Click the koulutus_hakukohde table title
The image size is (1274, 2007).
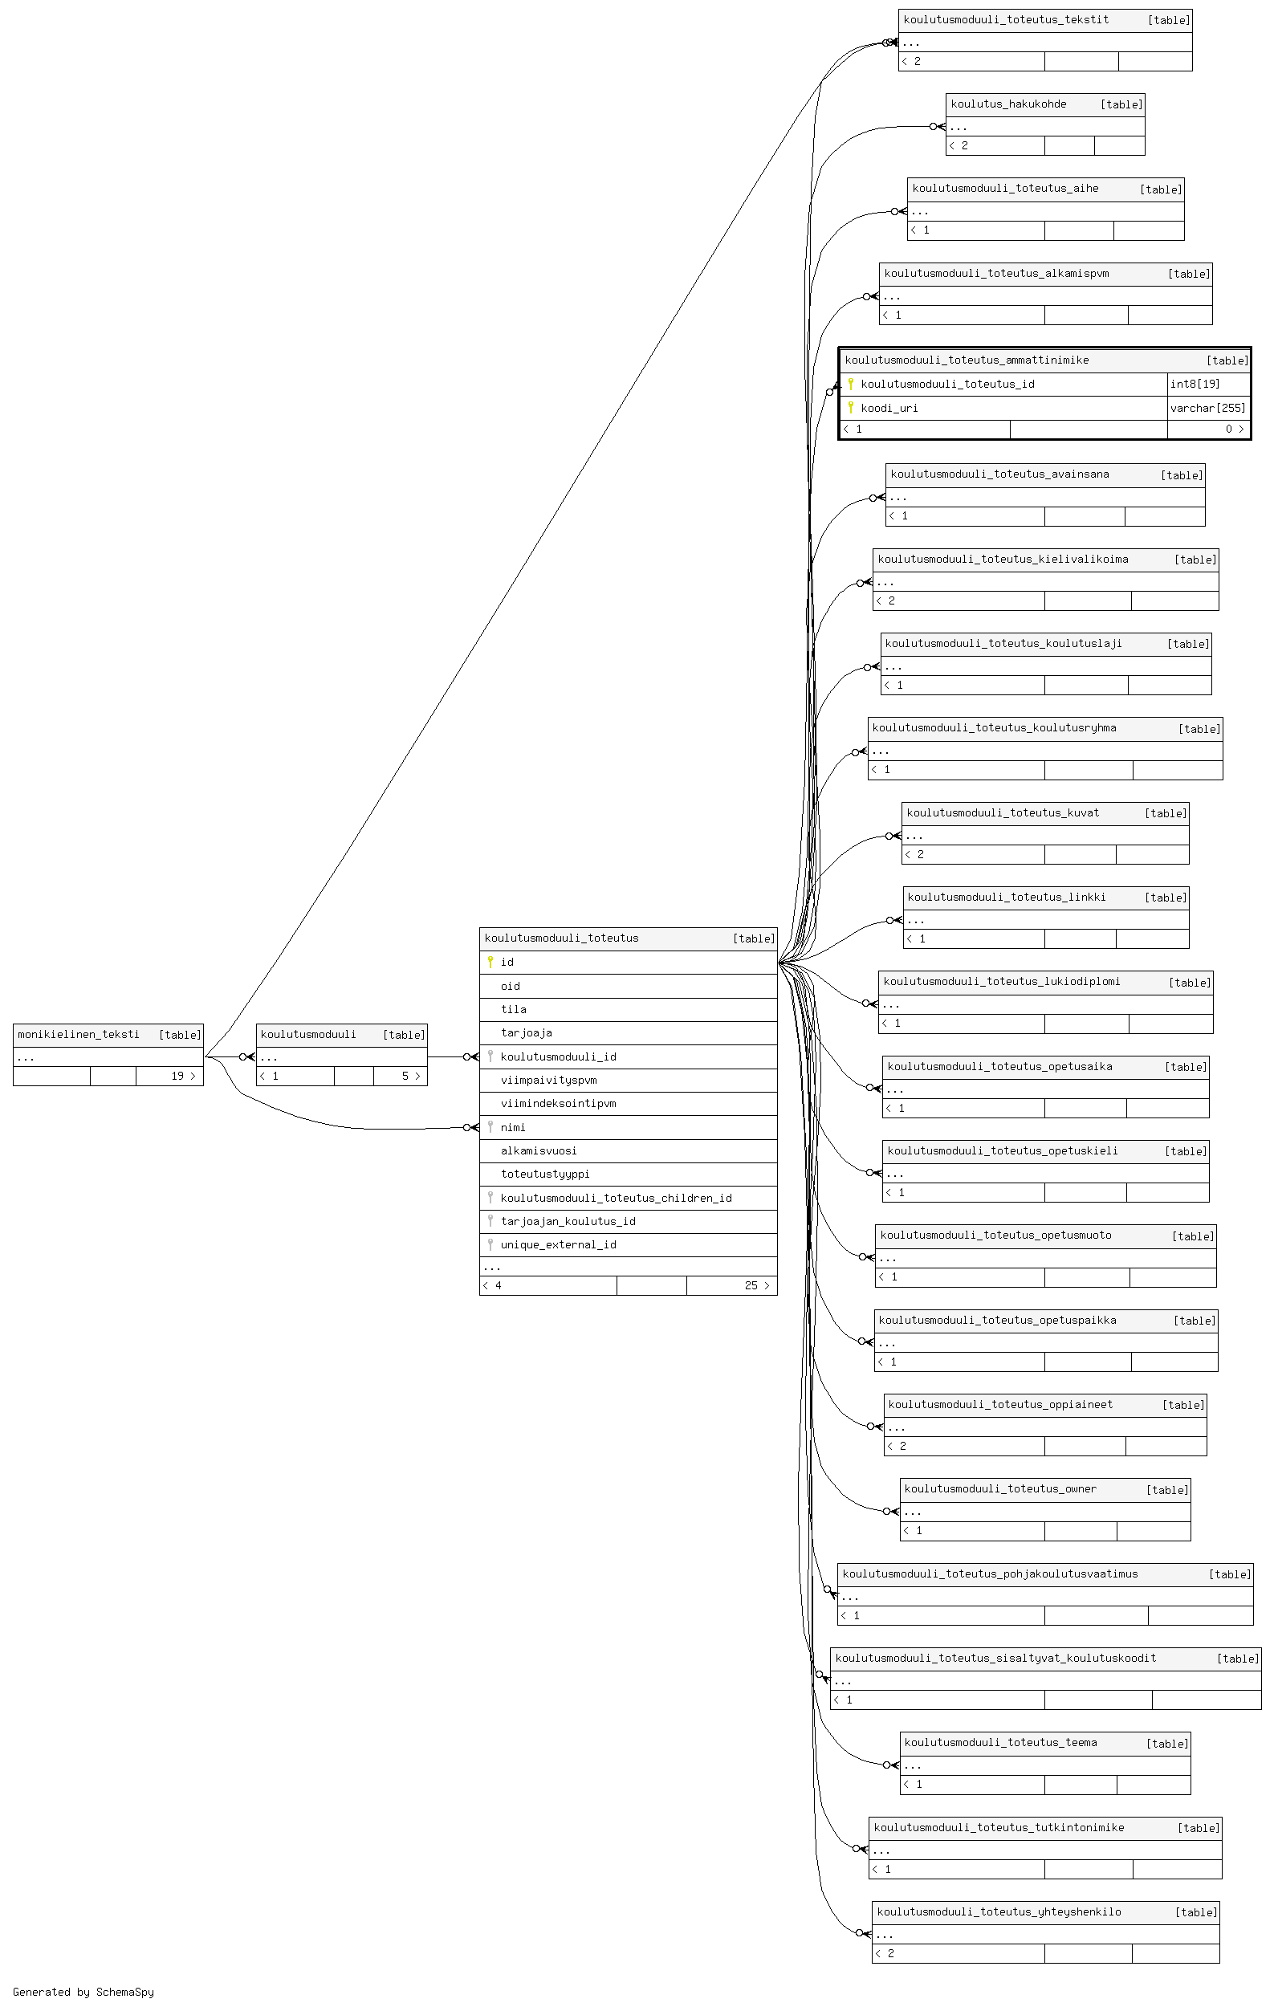[1008, 104]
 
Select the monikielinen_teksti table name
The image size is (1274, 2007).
[79, 1034]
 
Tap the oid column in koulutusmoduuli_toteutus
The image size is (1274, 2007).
[510, 986]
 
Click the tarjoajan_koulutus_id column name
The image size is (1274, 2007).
[568, 1221]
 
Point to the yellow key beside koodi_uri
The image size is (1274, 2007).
[850, 408]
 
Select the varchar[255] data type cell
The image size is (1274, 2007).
[1207, 408]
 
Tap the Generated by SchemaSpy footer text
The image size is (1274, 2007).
[83, 1992]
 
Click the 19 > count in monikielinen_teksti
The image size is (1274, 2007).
[183, 1076]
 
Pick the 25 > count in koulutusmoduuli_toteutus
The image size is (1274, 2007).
[756, 1285]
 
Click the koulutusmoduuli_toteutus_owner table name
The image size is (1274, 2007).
[1000, 1488]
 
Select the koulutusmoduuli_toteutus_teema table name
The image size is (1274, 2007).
[1000, 1742]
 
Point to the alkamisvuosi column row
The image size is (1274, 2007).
[629, 1150]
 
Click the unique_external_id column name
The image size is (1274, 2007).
[558, 1244]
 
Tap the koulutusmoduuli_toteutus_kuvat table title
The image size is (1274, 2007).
[1003, 812]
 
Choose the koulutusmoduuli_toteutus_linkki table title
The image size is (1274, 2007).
[1007, 897]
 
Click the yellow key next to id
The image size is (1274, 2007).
[490, 962]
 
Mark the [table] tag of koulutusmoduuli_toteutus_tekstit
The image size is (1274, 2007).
[1169, 20]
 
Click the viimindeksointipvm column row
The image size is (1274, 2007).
[629, 1103]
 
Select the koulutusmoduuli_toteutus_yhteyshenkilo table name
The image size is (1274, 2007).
[999, 1911]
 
